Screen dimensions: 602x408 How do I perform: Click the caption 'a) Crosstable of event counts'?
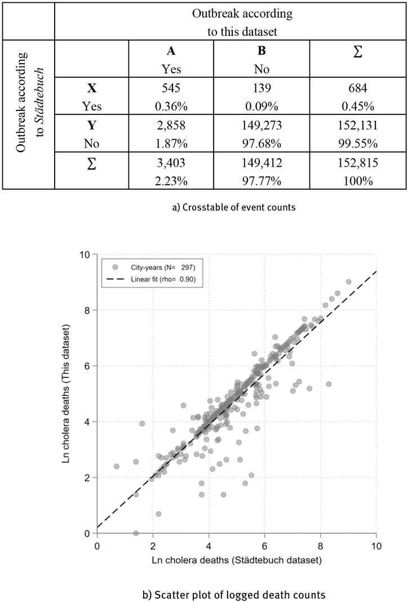click(x=203, y=207)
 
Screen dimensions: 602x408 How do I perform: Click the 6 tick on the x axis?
click(x=265, y=545)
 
